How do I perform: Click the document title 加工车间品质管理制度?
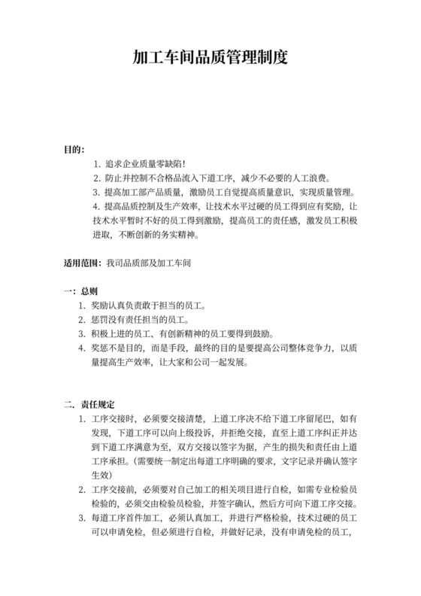tap(210, 56)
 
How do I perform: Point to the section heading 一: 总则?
tap(80, 290)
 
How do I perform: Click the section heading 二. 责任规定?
tap(89, 404)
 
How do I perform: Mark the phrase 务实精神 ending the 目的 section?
tap(183, 235)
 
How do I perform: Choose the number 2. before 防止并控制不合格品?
tap(97, 178)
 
